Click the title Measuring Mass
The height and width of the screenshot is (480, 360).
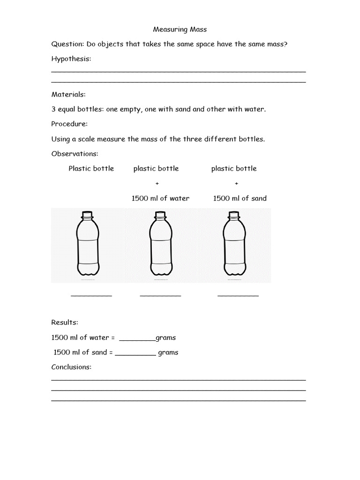click(x=180, y=29)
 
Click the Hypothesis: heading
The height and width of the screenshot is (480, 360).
click(x=71, y=59)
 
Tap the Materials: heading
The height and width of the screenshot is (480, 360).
click(x=68, y=94)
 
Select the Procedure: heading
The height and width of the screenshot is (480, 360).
click(x=69, y=124)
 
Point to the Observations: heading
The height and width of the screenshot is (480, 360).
click(x=75, y=154)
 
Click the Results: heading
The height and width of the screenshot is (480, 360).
click(x=65, y=322)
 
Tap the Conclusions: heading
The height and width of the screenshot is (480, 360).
click(x=71, y=367)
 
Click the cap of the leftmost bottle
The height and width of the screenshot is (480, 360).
click(x=87, y=215)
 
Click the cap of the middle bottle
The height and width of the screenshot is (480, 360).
click(x=160, y=215)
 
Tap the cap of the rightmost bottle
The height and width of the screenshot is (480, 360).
click(x=233, y=215)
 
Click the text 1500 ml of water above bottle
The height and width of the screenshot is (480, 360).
click(x=160, y=198)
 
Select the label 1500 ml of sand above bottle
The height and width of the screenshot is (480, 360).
click(x=240, y=198)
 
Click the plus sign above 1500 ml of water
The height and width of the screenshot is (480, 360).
click(x=156, y=184)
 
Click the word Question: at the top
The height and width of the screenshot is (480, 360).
click(x=67, y=44)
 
